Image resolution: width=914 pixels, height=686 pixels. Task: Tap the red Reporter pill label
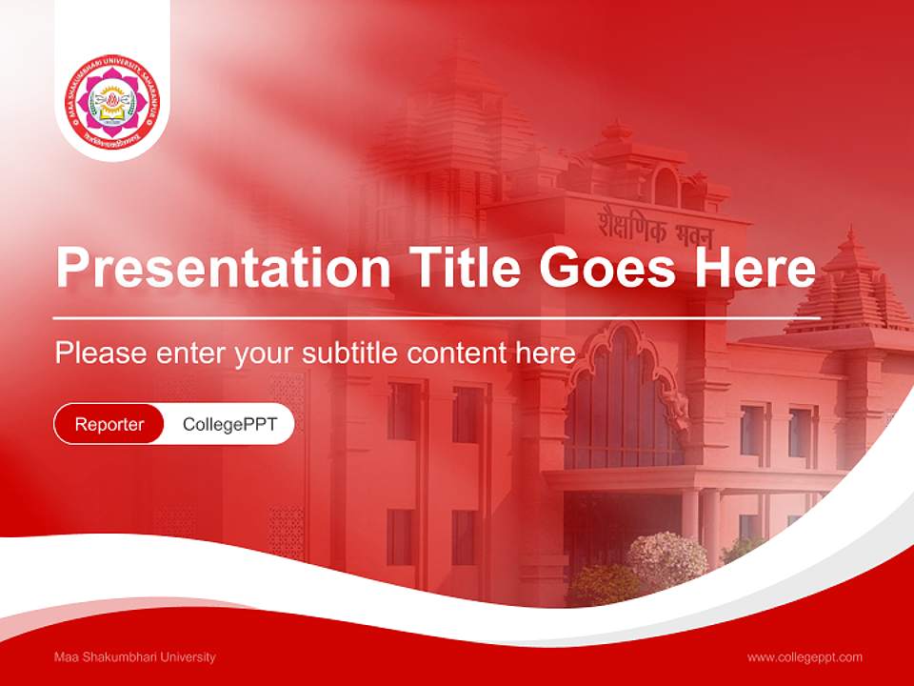click(109, 424)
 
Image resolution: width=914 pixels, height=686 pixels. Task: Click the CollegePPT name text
click(229, 424)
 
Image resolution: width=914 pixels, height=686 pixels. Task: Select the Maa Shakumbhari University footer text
click(135, 656)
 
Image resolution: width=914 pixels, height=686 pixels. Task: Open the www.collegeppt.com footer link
click(805, 656)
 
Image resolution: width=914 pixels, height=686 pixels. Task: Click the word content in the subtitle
click(457, 353)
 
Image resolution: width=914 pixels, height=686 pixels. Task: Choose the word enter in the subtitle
click(190, 353)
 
